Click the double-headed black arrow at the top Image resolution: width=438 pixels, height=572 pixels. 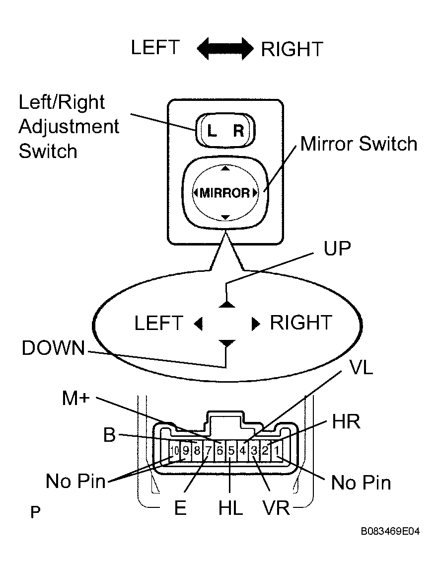pos(225,49)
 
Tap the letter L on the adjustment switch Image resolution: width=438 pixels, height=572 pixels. pos(212,130)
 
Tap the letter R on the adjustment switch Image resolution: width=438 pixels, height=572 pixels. pos(238,130)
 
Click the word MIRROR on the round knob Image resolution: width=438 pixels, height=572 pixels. pos(225,193)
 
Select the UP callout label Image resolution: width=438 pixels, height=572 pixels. pos(337,249)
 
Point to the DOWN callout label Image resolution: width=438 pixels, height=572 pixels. pos(53,348)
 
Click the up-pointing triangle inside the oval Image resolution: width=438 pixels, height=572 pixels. pos(226,304)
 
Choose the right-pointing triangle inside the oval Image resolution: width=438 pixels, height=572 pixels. pos(256,324)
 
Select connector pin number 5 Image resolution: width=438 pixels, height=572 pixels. pos(231,451)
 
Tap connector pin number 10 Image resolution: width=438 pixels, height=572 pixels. pos(175,451)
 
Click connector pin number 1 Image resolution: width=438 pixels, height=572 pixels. pos(277,451)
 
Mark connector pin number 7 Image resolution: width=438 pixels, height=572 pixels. pos(209,451)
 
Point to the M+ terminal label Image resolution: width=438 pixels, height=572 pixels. pos(76,398)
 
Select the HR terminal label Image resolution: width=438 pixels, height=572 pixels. pos(346,422)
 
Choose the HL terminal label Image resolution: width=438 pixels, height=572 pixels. pos(230,508)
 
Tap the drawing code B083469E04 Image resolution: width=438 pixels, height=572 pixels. pos(390,531)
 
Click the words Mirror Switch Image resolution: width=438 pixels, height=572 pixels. pos(359,144)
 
